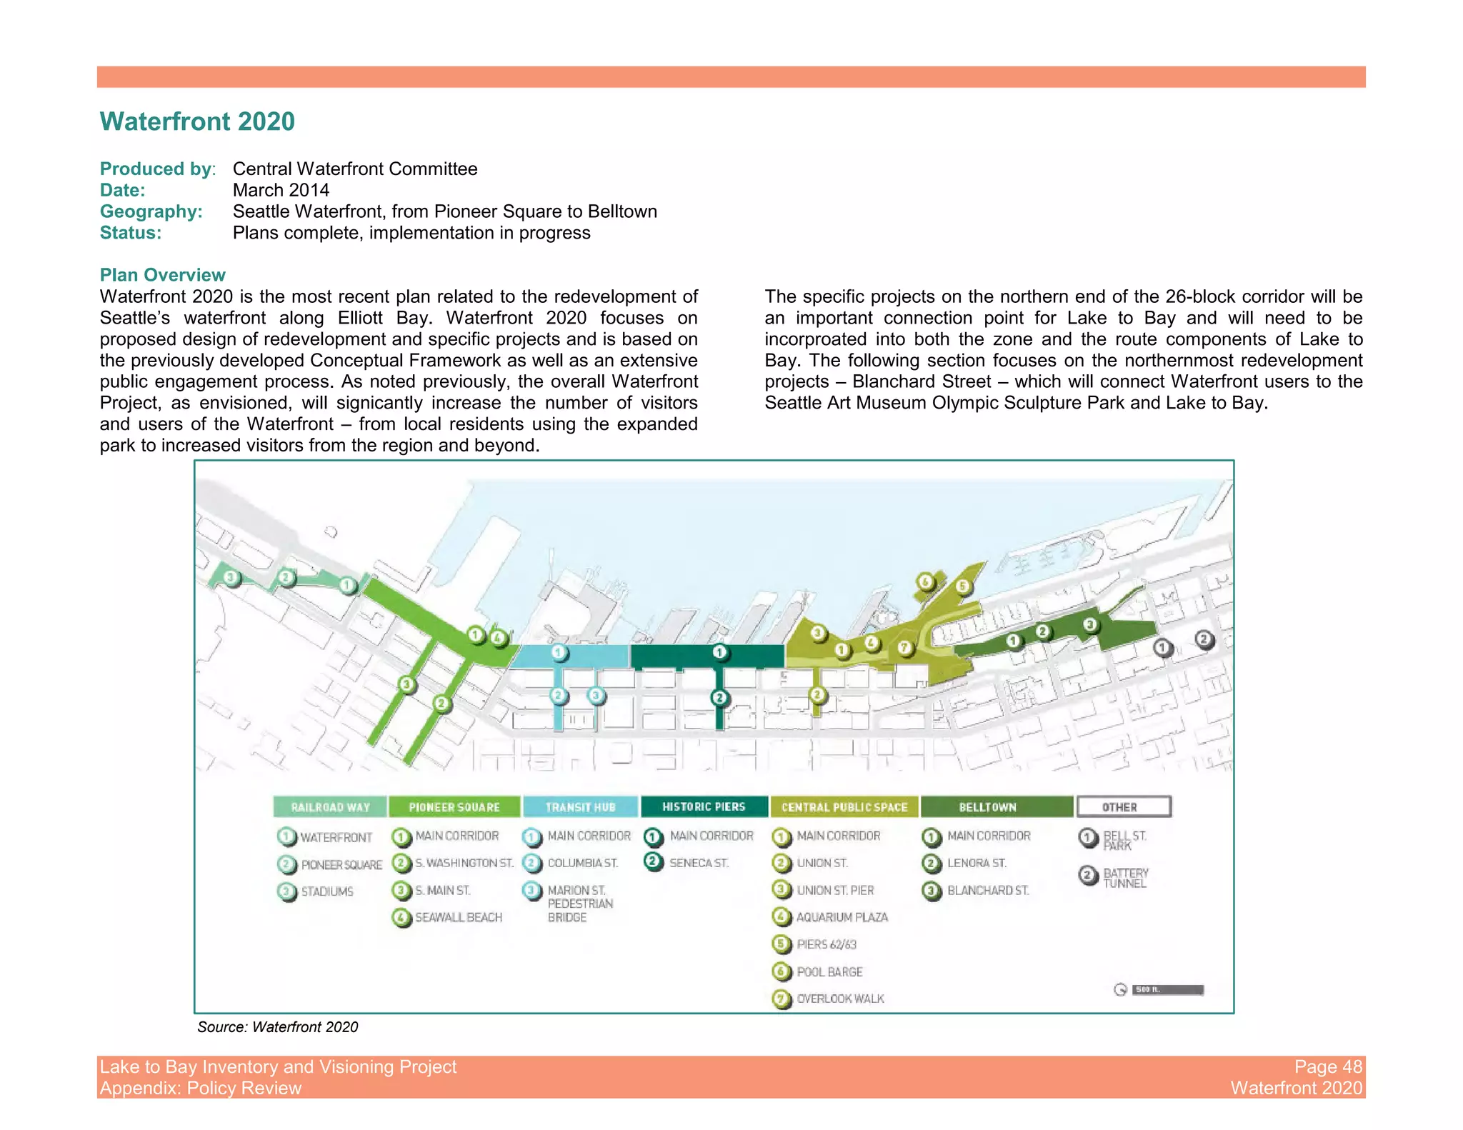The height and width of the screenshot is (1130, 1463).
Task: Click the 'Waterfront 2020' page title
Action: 197,121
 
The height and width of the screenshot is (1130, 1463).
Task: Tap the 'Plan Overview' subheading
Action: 162,275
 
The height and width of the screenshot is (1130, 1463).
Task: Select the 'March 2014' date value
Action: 281,190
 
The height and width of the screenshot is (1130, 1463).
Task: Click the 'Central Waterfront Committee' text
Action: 355,169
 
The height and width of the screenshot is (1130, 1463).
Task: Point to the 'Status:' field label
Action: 131,233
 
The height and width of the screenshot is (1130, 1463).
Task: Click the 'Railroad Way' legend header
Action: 330,807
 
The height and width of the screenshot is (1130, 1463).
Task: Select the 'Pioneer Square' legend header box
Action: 454,807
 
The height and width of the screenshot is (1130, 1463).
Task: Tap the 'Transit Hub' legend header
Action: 580,807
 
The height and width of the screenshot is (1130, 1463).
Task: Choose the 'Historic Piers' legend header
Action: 704,806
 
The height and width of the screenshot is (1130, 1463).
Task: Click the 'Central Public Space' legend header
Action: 844,807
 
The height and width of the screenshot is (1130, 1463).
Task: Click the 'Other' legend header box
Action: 1124,807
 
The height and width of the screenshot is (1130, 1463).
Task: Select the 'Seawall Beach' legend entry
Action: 458,918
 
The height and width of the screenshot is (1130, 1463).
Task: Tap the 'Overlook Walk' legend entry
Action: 840,999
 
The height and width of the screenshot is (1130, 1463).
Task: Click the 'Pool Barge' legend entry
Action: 829,971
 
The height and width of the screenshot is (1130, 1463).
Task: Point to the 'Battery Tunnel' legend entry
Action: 1125,878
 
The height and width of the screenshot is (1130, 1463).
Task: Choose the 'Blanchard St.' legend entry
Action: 987,891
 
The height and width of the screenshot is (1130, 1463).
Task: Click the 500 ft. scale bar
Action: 1167,989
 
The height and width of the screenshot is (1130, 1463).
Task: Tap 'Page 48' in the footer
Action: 1328,1066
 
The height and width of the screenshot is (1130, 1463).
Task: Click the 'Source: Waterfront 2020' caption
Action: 277,1027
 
